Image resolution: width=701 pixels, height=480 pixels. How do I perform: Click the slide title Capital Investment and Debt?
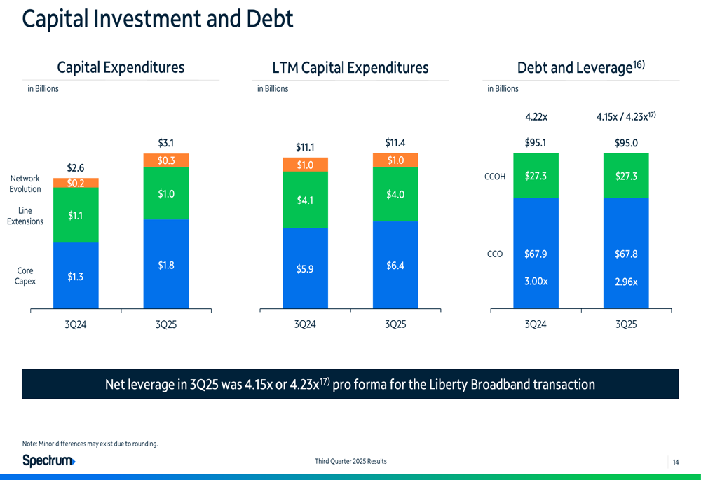click(x=158, y=19)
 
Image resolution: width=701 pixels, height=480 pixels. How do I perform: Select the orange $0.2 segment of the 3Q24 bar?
click(x=76, y=183)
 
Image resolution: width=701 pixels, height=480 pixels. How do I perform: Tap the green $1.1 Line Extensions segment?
click(x=76, y=216)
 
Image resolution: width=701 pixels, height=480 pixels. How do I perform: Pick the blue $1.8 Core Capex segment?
click(x=166, y=265)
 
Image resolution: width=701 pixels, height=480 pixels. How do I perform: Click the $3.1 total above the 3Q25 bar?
click(x=166, y=143)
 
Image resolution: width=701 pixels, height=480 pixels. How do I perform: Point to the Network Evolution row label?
click(x=25, y=184)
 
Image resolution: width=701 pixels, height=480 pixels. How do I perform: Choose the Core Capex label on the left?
click(x=25, y=276)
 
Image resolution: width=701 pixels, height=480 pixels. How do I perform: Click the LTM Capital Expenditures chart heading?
click(x=350, y=67)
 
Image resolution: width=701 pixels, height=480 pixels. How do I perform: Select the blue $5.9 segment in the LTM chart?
click(x=305, y=268)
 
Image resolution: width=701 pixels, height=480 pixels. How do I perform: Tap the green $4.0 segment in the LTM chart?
click(x=395, y=194)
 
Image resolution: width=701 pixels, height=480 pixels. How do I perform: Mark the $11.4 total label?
click(x=395, y=143)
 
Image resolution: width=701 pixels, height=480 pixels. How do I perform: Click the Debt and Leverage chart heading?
click(x=580, y=67)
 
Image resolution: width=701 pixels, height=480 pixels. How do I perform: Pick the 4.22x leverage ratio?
click(x=536, y=116)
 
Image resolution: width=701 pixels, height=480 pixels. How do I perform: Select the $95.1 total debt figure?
click(x=536, y=143)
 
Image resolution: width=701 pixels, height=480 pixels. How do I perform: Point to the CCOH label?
click(x=495, y=177)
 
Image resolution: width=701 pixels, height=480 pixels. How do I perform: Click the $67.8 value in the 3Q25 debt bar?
click(x=626, y=254)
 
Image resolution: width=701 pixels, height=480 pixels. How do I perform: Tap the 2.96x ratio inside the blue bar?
click(x=626, y=282)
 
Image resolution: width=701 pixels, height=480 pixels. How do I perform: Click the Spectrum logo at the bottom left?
click(x=49, y=460)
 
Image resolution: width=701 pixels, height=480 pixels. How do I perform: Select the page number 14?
click(x=676, y=462)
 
